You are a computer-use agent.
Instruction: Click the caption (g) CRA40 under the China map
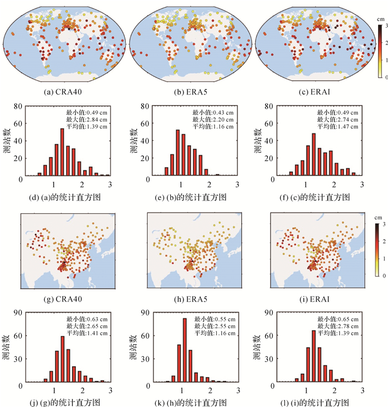point(68,300)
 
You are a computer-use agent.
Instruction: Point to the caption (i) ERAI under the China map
point(318,300)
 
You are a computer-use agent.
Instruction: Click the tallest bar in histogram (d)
point(62,152)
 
